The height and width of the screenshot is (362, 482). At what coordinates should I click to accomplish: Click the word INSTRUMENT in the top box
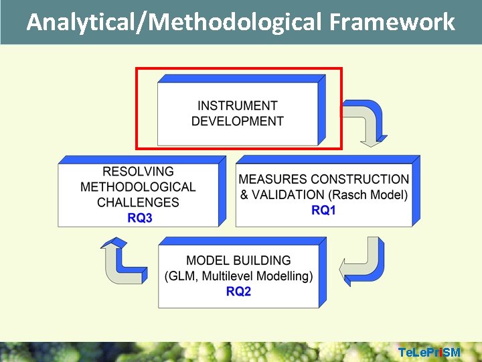point(237,106)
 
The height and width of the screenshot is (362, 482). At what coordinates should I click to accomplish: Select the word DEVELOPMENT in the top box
point(237,121)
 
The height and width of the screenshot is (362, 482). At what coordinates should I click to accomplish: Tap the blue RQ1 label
point(323,210)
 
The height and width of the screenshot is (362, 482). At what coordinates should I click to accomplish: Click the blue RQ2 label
point(238,292)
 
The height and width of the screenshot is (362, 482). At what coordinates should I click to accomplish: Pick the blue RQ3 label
point(139,218)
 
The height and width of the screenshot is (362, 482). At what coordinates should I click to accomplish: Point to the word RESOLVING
point(138,172)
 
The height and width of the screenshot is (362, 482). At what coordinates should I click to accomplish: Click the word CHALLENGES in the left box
point(138,202)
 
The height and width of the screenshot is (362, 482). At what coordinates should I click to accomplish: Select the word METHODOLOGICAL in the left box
point(138,187)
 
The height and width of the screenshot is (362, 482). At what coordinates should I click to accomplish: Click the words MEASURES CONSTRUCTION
point(323,180)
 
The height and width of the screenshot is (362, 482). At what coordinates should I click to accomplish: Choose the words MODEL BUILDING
point(238,261)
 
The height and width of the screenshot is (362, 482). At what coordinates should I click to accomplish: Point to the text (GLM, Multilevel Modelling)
point(238,276)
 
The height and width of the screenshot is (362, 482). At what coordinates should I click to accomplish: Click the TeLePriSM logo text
point(429,353)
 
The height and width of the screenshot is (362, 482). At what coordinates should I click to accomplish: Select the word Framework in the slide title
point(392,23)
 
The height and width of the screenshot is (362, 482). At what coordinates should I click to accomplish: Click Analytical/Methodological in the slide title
point(175,23)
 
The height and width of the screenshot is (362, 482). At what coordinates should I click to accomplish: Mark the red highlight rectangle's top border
point(238,68)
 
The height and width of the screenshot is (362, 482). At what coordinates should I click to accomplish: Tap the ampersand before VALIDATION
point(244,195)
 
